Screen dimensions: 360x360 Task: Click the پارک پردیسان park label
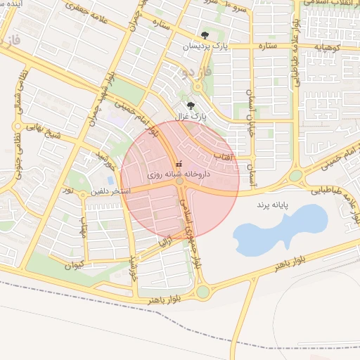206,46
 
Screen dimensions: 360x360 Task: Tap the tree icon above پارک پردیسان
205,34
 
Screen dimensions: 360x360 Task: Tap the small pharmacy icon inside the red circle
178,164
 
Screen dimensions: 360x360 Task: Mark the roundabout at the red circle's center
180,181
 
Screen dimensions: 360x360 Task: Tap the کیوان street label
74,266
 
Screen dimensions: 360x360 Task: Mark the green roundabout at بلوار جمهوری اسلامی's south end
203,290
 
